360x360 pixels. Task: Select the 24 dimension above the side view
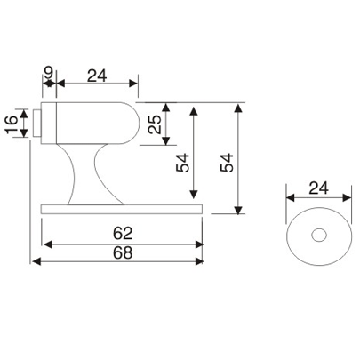pyautogui.click(x=95, y=76)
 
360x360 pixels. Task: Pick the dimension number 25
pyautogui.click(x=156, y=125)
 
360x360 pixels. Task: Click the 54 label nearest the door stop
pyautogui.click(x=182, y=163)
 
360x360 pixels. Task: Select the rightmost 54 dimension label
pyautogui.click(x=227, y=163)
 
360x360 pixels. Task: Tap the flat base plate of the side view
pyautogui.click(x=124, y=209)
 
